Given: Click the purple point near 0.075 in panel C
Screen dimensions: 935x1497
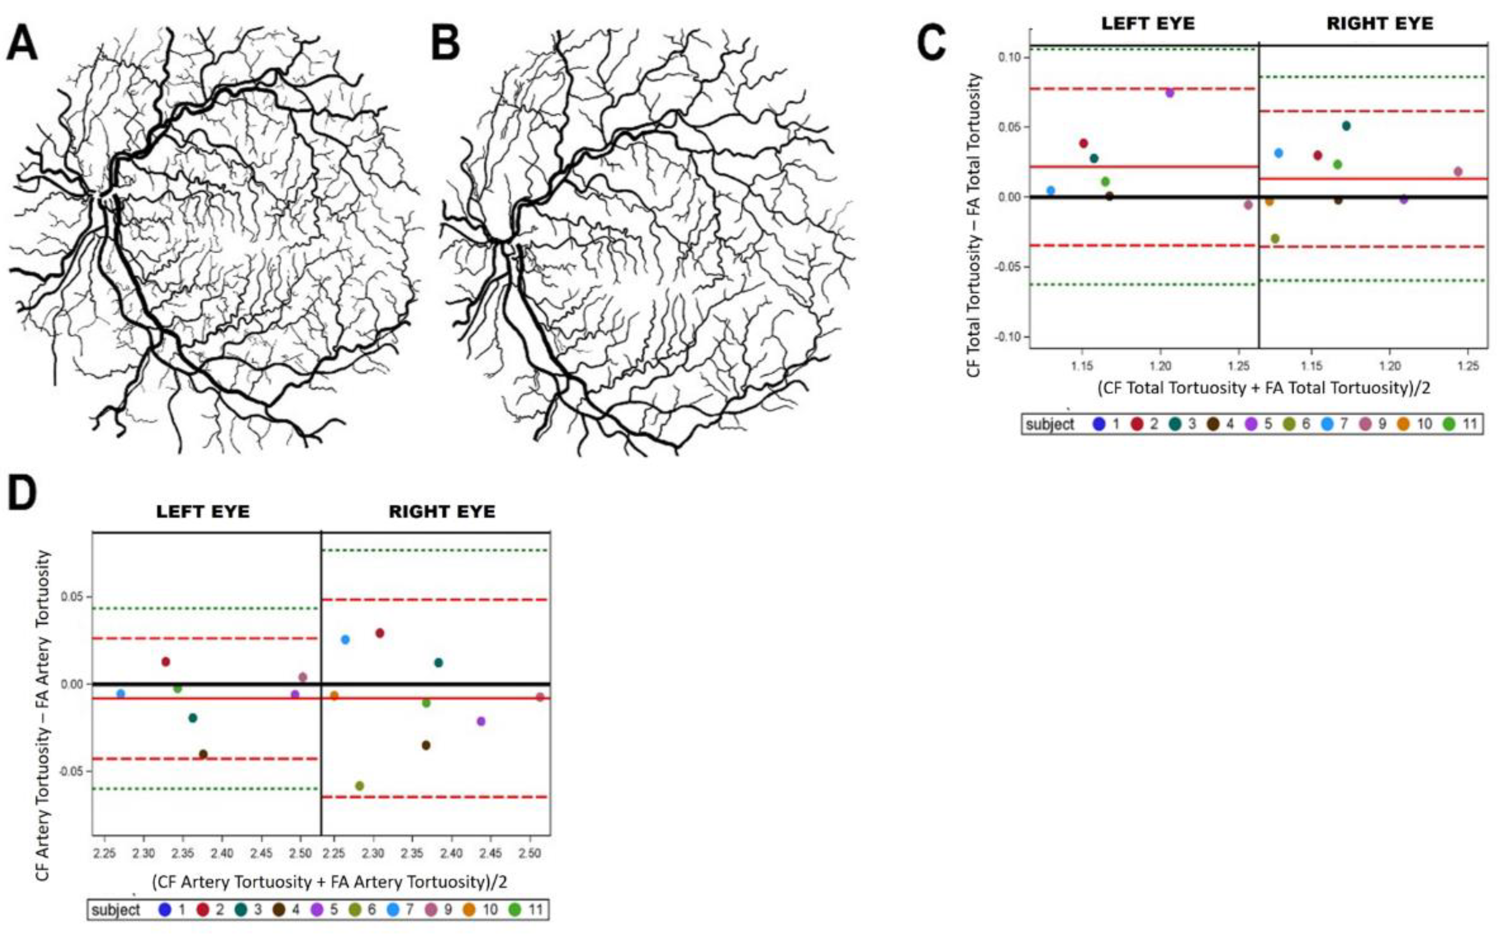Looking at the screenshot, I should tap(1169, 93).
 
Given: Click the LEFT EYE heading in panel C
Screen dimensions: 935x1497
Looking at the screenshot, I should tap(1148, 23).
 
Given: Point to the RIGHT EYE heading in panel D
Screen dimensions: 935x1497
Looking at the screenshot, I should tap(442, 512).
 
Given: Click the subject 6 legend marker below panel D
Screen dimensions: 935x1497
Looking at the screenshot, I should tap(355, 910).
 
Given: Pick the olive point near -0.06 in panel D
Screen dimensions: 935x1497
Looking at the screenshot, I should tap(359, 786).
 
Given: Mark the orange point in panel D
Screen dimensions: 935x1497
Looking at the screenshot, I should tap(334, 696).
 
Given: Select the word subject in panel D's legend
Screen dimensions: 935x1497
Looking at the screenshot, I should tap(115, 910).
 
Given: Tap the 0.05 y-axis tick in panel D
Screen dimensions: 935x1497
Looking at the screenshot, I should tap(73, 597).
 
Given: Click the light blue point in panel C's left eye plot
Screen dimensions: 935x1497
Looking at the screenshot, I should tap(1051, 191).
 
